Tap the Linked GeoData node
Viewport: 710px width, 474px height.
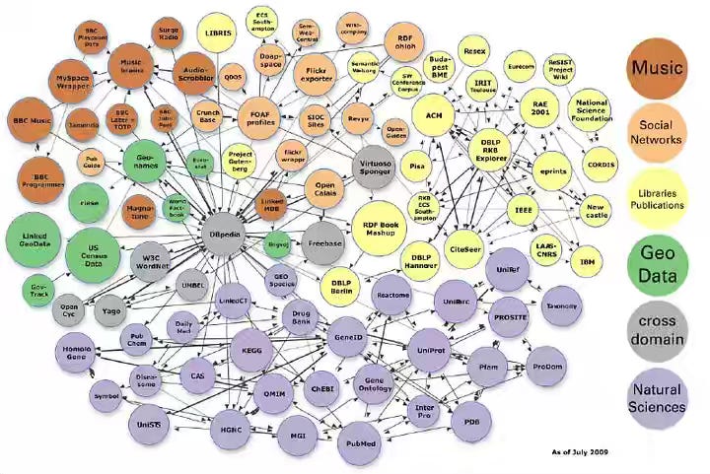[35, 240]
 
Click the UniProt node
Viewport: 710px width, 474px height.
[432, 349]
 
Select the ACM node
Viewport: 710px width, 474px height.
[434, 115]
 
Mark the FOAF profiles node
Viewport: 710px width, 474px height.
[260, 121]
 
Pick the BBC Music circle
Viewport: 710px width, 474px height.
[31, 120]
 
